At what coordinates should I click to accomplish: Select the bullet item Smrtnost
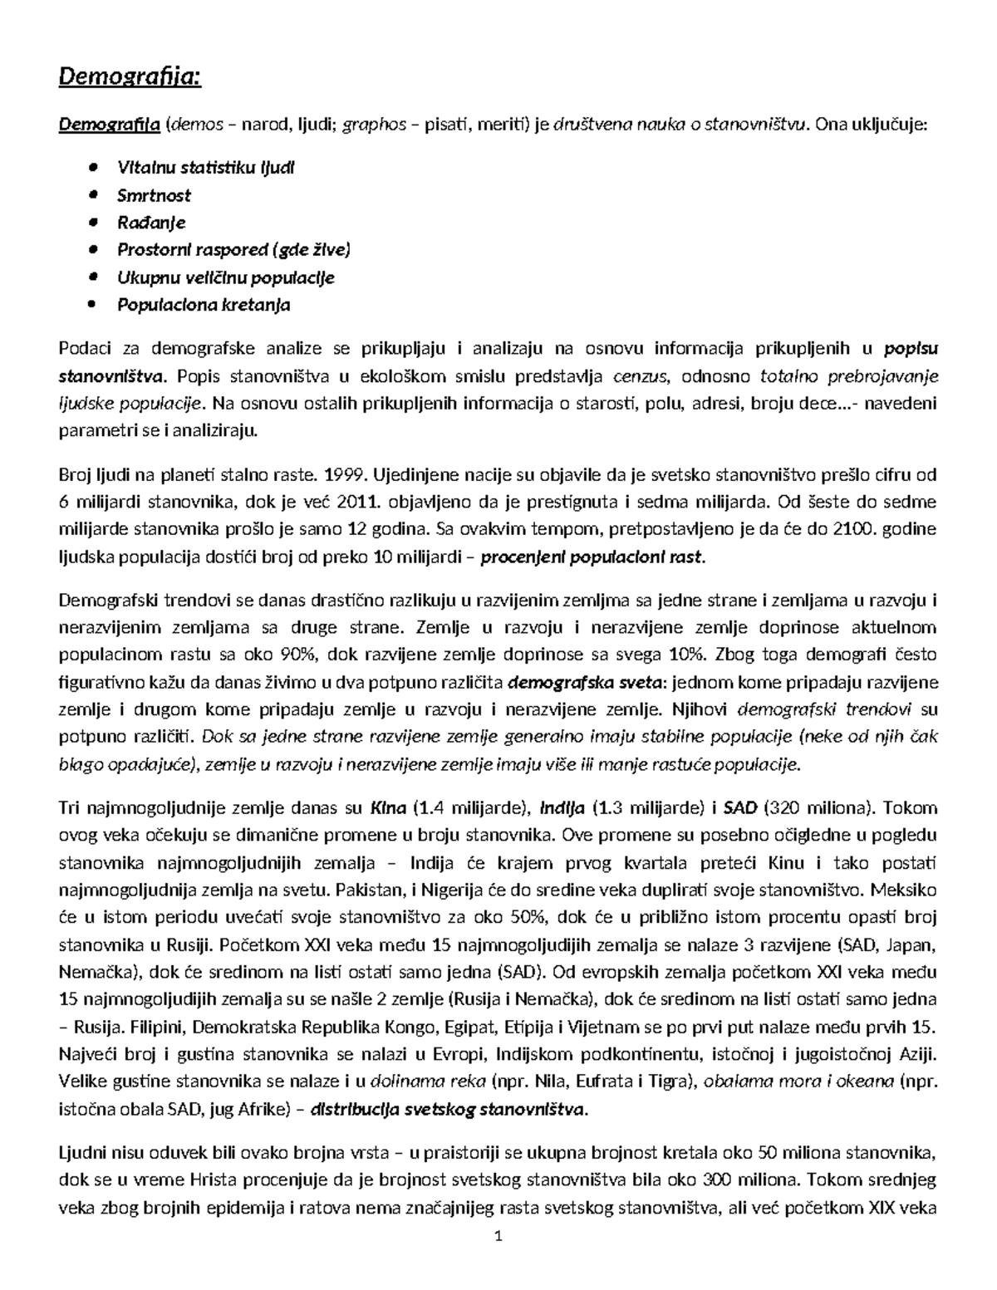[x=154, y=195]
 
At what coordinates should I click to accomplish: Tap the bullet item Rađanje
[x=151, y=223]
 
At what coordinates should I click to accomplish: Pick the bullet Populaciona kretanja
[x=204, y=305]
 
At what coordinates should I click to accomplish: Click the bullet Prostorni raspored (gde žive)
[x=233, y=250]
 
